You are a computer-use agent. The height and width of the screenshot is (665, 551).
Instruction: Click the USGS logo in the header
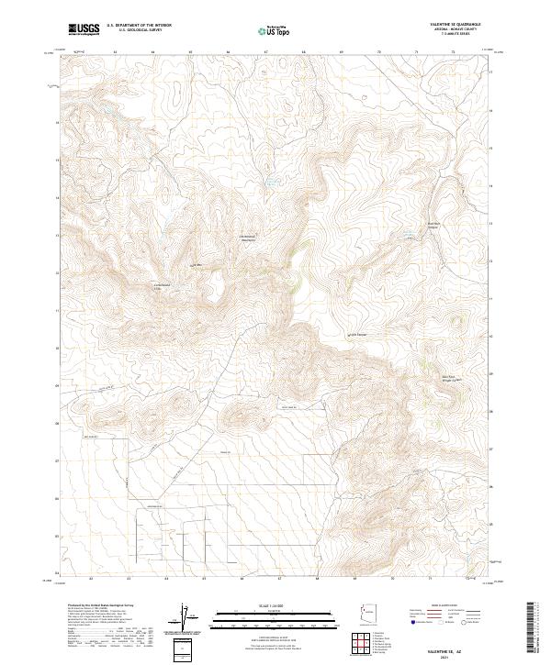click(84, 29)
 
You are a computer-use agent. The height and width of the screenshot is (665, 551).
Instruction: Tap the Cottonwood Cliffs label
click(162, 284)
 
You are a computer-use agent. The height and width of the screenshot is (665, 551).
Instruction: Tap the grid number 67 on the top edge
click(265, 53)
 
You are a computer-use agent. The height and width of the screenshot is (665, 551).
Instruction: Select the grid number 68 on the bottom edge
click(316, 580)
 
